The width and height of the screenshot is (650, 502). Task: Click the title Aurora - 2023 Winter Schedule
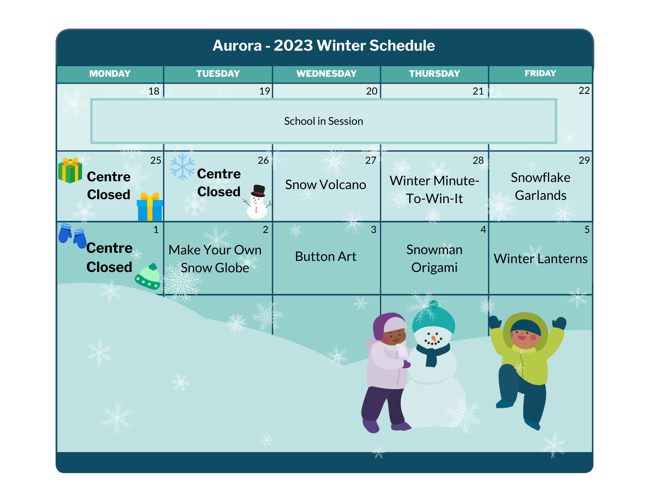click(x=324, y=45)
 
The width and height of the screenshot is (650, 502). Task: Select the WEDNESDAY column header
click(x=326, y=74)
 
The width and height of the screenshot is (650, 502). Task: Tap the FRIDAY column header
click(x=540, y=73)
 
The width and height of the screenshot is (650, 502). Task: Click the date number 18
click(x=154, y=91)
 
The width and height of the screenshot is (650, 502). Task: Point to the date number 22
click(x=584, y=91)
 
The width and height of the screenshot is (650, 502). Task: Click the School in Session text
click(x=323, y=121)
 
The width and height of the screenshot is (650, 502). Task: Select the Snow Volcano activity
click(x=326, y=185)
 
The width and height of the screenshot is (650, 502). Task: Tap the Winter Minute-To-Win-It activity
click(x=435, y=189)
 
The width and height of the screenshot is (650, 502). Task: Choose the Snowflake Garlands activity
click(x=540, y=187)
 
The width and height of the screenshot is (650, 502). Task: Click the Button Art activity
click(x=326, y=256)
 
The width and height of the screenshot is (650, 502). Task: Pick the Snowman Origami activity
click(x=435, y=259)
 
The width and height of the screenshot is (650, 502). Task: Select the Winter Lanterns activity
click(x=540, y=259)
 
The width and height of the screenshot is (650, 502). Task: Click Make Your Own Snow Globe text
click(x=215, y=259)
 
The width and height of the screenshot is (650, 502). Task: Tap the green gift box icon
click(x=70, y=171)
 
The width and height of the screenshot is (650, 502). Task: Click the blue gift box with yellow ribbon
click(x=150, y=207)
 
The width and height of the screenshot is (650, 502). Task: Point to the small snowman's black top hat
click(x=258, y=191)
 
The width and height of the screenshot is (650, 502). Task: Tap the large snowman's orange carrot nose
click(x=433, y=338)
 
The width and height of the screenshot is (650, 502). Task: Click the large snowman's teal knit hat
click(x=434, y=317)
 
